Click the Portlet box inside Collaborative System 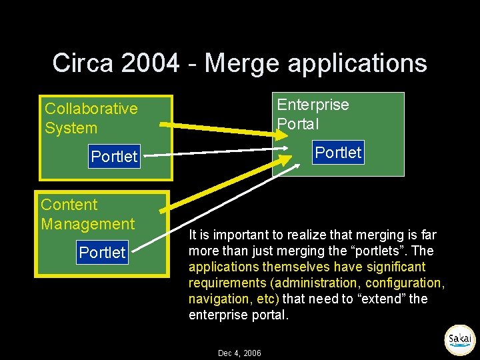coord(114,157)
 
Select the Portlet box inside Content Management coord(102,253)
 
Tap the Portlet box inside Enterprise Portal coord(338,153)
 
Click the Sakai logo coord(459,339)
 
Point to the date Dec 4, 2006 coord(239,353)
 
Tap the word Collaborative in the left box coord(91,109)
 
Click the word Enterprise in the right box coord(313,105)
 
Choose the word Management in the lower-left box coord(88,224)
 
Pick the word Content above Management coord(69,205)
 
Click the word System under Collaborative coord(71,128)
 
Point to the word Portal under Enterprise coord(298,124)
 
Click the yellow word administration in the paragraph coord(313,283)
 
